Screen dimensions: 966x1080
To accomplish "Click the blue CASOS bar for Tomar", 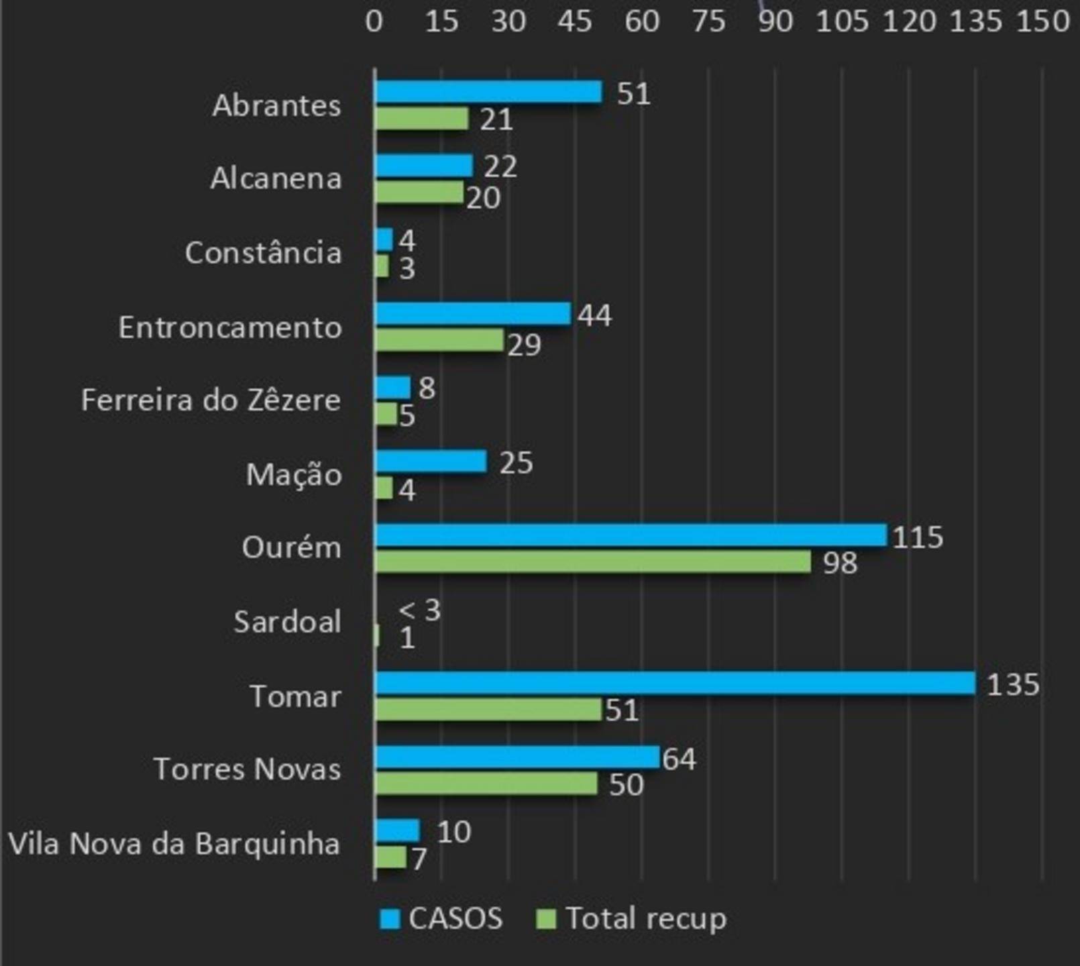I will [x=674, y=683].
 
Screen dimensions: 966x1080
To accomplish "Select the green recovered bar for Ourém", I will [x=592, y=562].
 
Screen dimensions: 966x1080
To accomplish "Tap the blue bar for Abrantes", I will [x=488, y=92].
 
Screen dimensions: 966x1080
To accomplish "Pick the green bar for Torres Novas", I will [x=486, y=784].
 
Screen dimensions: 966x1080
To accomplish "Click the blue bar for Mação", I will [x=430, y=462].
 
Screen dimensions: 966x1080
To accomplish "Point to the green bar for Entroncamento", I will [x=439, y=340].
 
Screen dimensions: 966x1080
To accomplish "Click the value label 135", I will [x=1012, y=685].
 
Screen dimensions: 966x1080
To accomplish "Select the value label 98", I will [x=840, y=563].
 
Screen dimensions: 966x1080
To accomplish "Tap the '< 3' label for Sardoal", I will [x=419, y=610].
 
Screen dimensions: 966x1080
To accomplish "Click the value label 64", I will [x=679, y=759].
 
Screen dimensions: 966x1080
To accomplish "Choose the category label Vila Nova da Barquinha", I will [x=174, y=844].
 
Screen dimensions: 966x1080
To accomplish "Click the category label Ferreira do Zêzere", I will [x=211, y=400].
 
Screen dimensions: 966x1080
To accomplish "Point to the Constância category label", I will [x=263, y=253].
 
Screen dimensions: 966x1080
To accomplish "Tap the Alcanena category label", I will [x=276, y=178].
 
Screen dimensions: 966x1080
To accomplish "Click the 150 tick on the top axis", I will [x=1042, y=21].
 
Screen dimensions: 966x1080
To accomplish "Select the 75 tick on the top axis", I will [x=708, y=21].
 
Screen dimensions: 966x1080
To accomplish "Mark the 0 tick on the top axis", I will [x=374, y=21].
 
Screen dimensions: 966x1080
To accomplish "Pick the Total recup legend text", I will [x=646, y=918].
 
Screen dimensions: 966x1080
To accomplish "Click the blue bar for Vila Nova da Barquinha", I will [x=397, y=830].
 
